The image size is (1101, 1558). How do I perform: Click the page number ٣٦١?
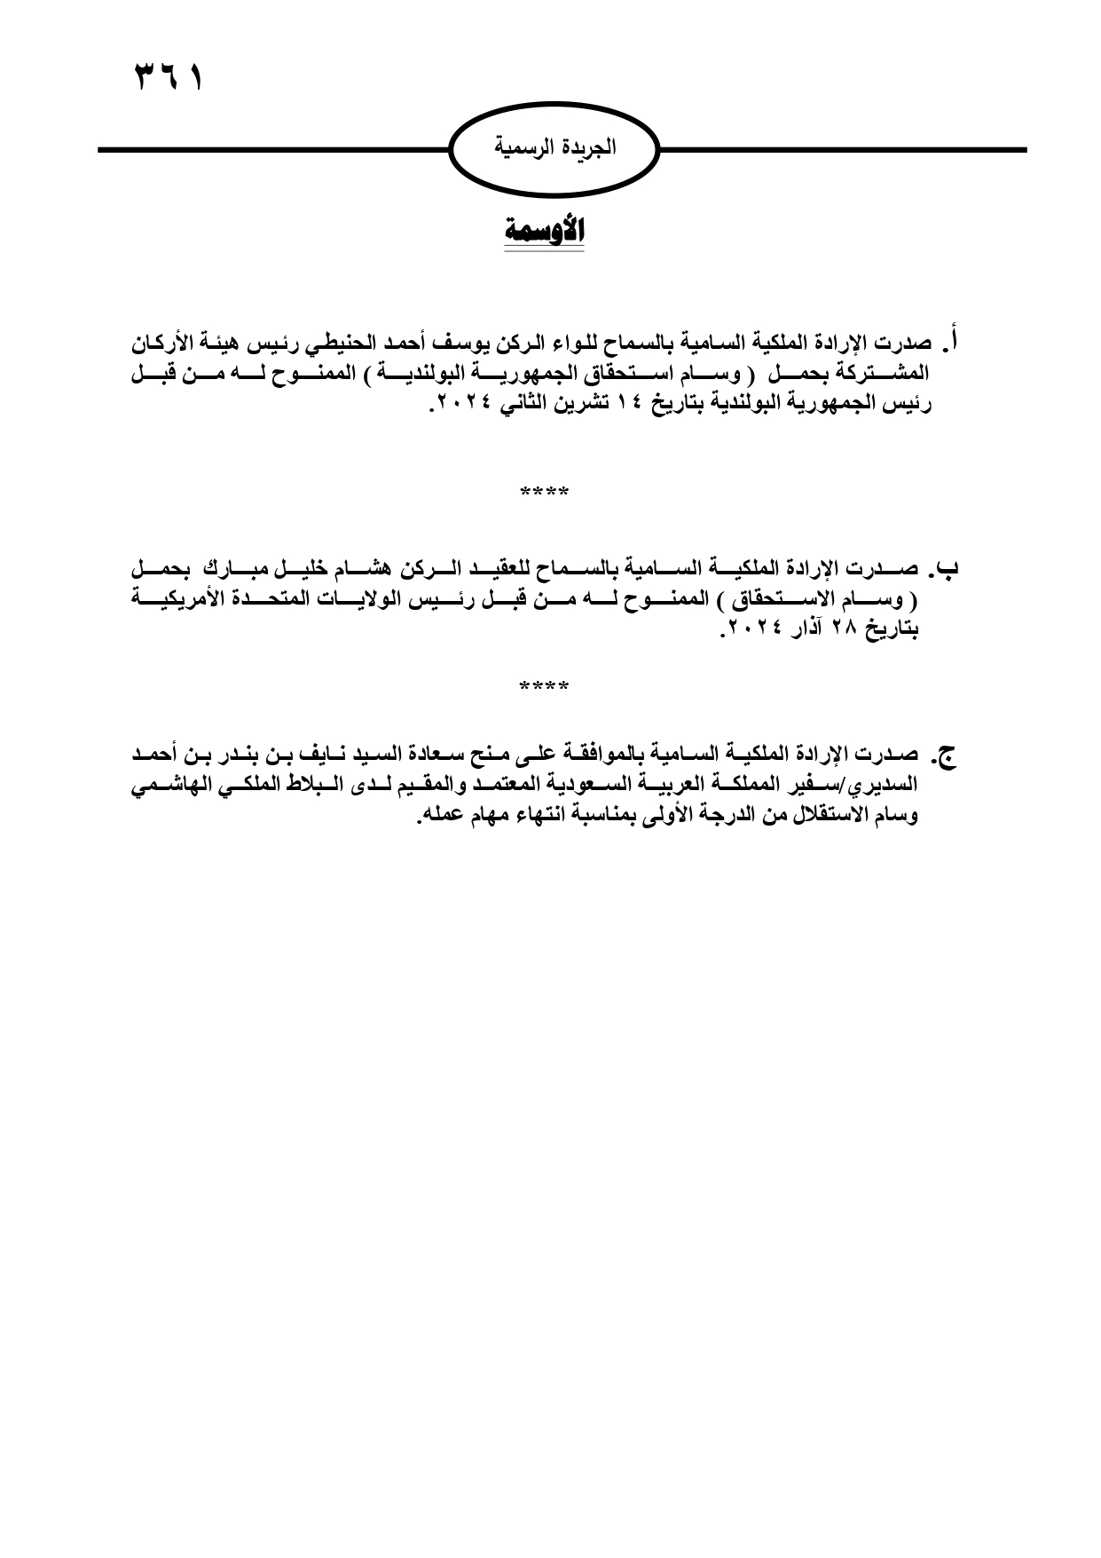click(x=169, y=78)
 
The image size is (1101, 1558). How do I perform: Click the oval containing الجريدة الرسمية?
click(x=555, y=149)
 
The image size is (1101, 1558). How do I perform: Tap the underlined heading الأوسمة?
click(x=544, y=232)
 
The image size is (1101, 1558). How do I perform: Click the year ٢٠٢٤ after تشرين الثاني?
click(x=461, y=406)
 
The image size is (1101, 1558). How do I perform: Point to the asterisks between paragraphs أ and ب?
click(x=544, y=492)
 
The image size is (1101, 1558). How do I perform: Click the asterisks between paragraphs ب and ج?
click(x=544, y=686)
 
